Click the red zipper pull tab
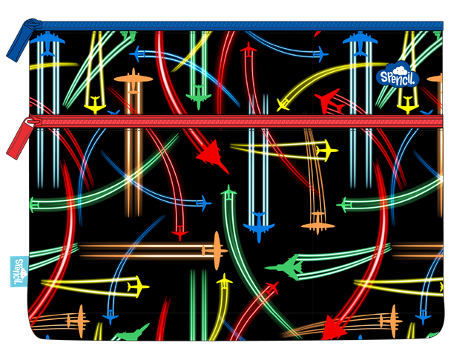[21, 137]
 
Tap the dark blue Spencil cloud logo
[398, 74]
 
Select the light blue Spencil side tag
[19, 272]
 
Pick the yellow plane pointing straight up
[224, 281]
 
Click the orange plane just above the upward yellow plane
[215, 251]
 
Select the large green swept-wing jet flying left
[285, 267]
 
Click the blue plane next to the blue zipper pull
[47, 44]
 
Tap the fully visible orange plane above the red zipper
[134, 81]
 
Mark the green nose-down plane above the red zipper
[199, 97]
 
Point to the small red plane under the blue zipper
[248, 50]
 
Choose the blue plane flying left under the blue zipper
[138, 53]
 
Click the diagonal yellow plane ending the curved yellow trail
[283, 105]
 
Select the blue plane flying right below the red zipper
[204, 203]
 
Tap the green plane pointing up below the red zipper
[228, 193]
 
